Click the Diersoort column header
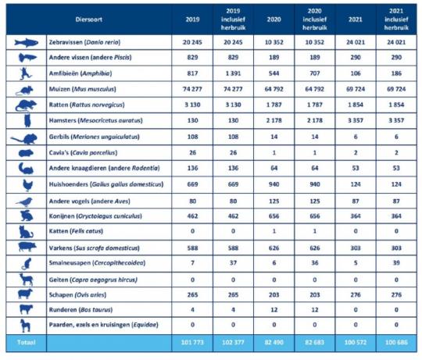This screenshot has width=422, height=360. click(x=89, y=20)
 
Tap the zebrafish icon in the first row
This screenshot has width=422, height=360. click(x=26, y=43)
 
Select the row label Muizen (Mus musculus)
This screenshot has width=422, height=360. click(x=82, y=89)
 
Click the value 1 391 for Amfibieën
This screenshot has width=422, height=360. click(x=233, y=73)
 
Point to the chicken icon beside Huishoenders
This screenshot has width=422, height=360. click(x=27, y=185)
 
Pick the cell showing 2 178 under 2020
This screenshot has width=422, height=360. click(x=274, y=120)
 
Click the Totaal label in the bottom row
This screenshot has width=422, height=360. click(x=26, y=343)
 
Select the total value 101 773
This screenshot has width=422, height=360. click(x=192, y=343)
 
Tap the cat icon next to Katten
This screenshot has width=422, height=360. click(x=26, y=232)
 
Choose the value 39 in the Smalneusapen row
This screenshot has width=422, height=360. click(x=396, y=263)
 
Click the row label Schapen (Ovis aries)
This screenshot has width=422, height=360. click(x=77, y=295)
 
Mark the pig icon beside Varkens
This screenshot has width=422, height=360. click(x=27, y=247)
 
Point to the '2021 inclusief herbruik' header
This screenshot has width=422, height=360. click(x=396, y=20)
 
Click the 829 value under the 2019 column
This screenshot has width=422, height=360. click(x=192, y=58)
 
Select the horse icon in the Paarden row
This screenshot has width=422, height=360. click(x=26, y=326)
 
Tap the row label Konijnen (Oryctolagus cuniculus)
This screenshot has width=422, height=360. click(x=95, y=216)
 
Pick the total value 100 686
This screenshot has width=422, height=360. click(x=396, y=343)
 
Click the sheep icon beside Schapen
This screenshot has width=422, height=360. click(x=25, y=294)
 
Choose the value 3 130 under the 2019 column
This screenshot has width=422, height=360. click(x=192, y=105)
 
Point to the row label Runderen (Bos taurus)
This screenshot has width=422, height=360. click(x=80, y=310)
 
